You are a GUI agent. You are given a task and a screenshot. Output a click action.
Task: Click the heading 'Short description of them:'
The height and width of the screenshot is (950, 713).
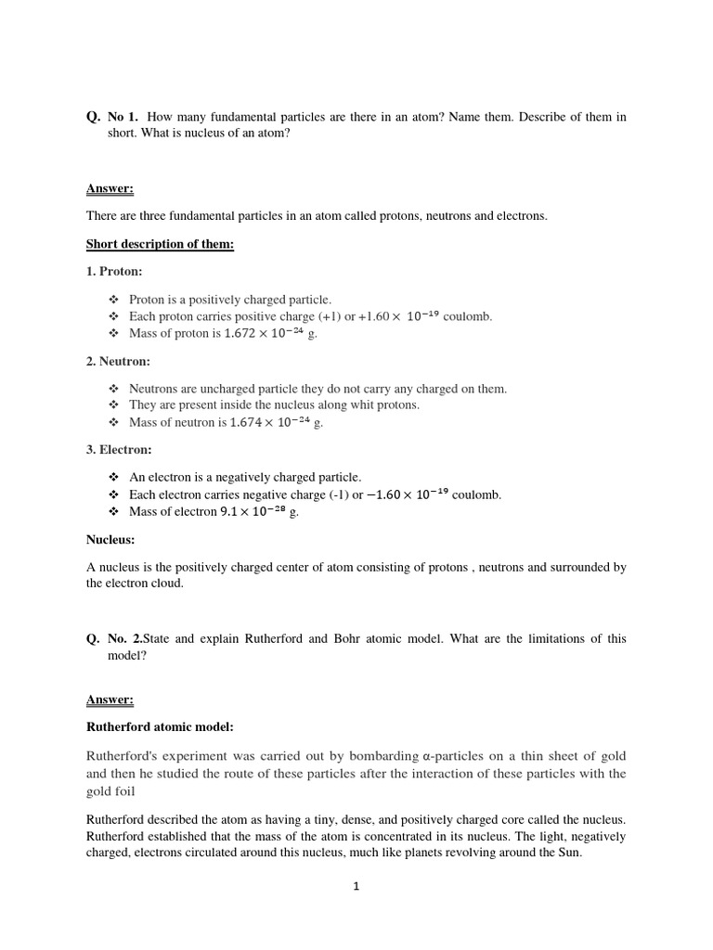160,244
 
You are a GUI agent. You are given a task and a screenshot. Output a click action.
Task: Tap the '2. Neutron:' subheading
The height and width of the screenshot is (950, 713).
118,361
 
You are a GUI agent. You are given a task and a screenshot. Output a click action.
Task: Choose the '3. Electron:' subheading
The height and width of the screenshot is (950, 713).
119,450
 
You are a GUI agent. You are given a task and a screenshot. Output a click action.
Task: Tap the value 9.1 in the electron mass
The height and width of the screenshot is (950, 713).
228,511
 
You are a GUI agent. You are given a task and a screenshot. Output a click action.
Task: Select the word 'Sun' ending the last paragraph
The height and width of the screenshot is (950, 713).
568,853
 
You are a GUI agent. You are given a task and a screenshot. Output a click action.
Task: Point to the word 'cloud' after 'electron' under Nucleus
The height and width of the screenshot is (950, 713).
168,584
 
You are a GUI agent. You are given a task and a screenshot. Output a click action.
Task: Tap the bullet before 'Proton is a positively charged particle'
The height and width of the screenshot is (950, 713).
114,300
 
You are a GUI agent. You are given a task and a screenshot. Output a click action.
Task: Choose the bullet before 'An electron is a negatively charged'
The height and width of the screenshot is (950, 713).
114,477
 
